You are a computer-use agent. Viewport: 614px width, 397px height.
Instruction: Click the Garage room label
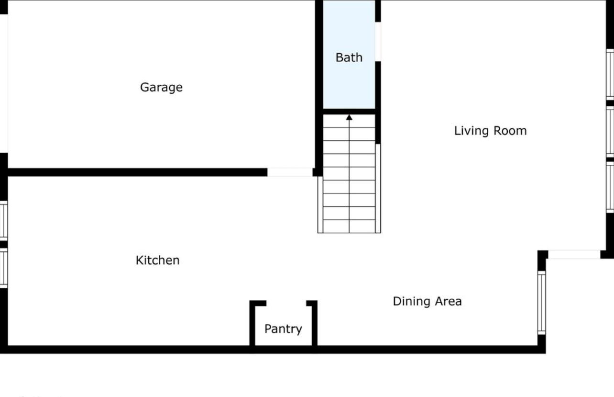point(161,87)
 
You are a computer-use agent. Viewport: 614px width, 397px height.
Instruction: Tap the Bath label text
point(349,57)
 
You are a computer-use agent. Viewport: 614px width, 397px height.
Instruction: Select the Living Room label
point(490,131)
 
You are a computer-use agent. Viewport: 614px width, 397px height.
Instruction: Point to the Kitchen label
point(158,260)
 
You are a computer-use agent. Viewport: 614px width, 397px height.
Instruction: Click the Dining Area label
point(427,301)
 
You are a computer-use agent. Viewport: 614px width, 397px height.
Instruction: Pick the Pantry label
point(283,329)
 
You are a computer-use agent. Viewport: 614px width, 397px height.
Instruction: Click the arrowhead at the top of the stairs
point(349,117)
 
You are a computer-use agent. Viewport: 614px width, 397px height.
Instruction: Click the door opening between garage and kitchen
point(290,172)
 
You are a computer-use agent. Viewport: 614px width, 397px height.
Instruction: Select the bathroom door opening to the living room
point(378,42)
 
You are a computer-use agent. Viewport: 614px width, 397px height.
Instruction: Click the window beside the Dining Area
point(541,302)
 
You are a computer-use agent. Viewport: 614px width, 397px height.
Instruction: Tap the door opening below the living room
point(574,254)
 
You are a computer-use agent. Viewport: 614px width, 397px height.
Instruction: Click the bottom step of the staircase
point(349,226)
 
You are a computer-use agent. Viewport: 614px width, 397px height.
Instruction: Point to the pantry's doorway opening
point(286,303)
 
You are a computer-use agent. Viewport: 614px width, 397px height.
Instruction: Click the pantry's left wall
point(252,323)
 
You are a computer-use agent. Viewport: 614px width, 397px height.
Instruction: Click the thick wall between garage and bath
point(319,86)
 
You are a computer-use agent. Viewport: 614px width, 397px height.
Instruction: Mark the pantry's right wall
point(314,323)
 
